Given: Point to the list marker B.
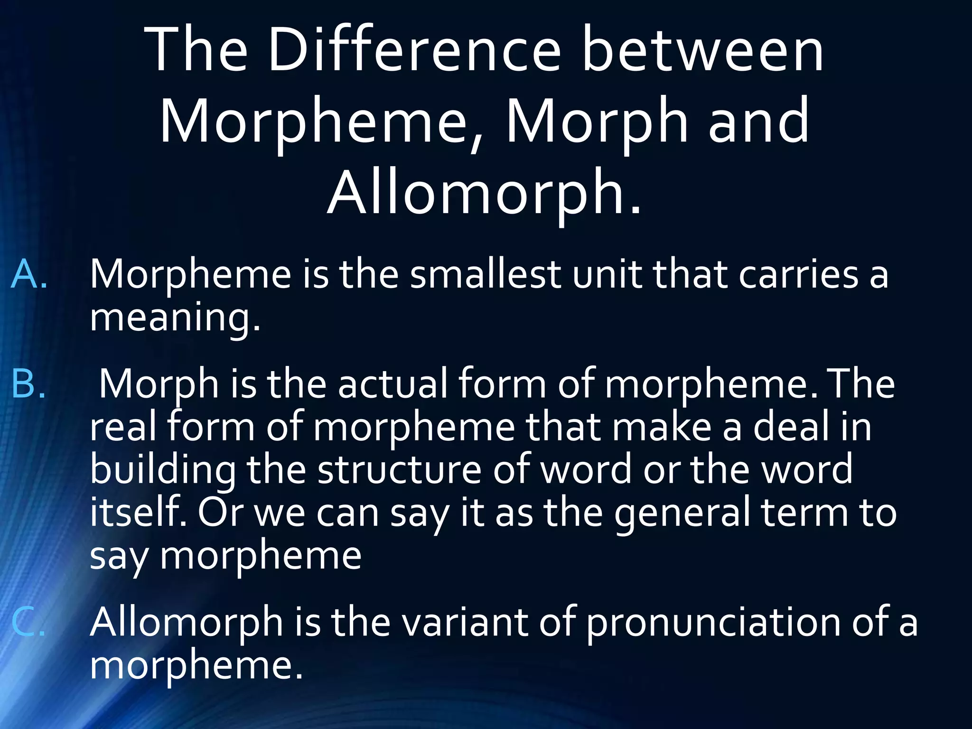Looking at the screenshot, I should coord(28,383).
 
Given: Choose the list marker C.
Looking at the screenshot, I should coord(28,622).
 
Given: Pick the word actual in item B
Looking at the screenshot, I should coord(393,383).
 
